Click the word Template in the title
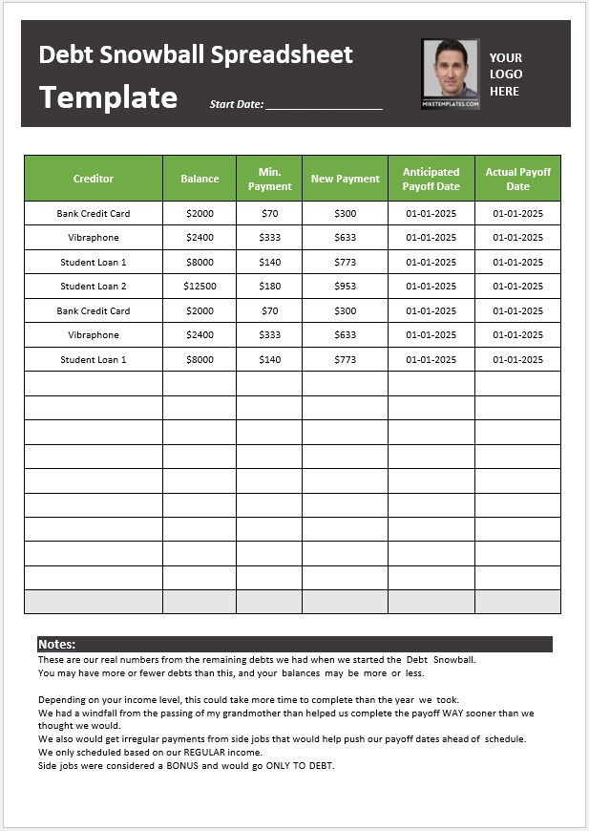point(108,97)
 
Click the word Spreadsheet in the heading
point(276,54)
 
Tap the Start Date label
point(236,104)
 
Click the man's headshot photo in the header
point(450,74)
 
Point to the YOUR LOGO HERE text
point(505,75)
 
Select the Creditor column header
point(93,179)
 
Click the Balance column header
point(200,179)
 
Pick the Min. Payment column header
point(269,179)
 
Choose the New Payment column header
point(345,179)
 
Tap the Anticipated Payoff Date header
point(431,179)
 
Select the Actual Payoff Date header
point(517,179)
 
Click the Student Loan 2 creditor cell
point(93,287)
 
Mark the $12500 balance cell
point(200,287)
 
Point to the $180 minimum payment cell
point(269,287)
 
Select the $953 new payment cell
point(345,287)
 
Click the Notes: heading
point(56,645)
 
